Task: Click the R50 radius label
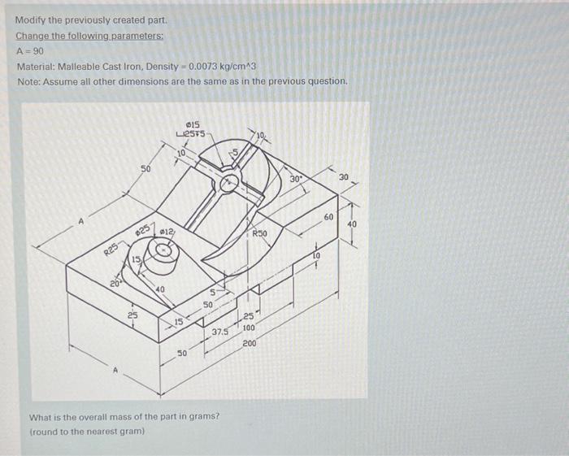point(260,233)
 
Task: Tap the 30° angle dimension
point(298,179)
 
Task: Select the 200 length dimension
point(249,344)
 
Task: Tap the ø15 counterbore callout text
point(194,124)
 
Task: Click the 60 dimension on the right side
point(328,218)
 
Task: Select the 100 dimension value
point(249,328)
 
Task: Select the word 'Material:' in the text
point(33,66)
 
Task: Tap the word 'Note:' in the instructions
point(28,81)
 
